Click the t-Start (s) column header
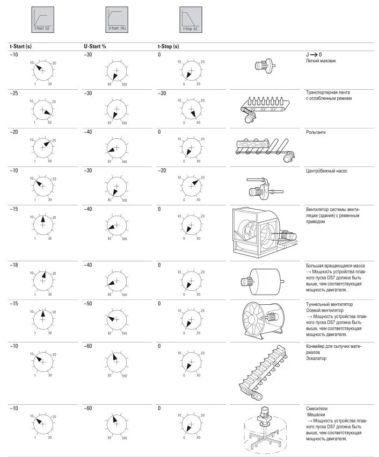(x=20, y=46)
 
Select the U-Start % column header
(x=95, y=46)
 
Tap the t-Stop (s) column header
(x=169, y=46)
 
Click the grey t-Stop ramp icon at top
(x=191, y=19)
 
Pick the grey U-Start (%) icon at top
(x=116, y=19)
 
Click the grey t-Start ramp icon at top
(x=42, y=19)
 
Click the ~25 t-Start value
(x=13, y=93)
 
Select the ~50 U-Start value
(x=88, y=304)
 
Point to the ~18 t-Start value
(x=13, y=265)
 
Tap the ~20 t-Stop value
(x=162, y=170)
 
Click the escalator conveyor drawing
(x=263, y=372)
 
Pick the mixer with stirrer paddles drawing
(x=264, y=430)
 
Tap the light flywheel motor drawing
(x=265, y=65)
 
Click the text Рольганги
(x=316, y=132)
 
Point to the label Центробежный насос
(x=326, y=171)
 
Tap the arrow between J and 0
(x=314, y=55)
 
